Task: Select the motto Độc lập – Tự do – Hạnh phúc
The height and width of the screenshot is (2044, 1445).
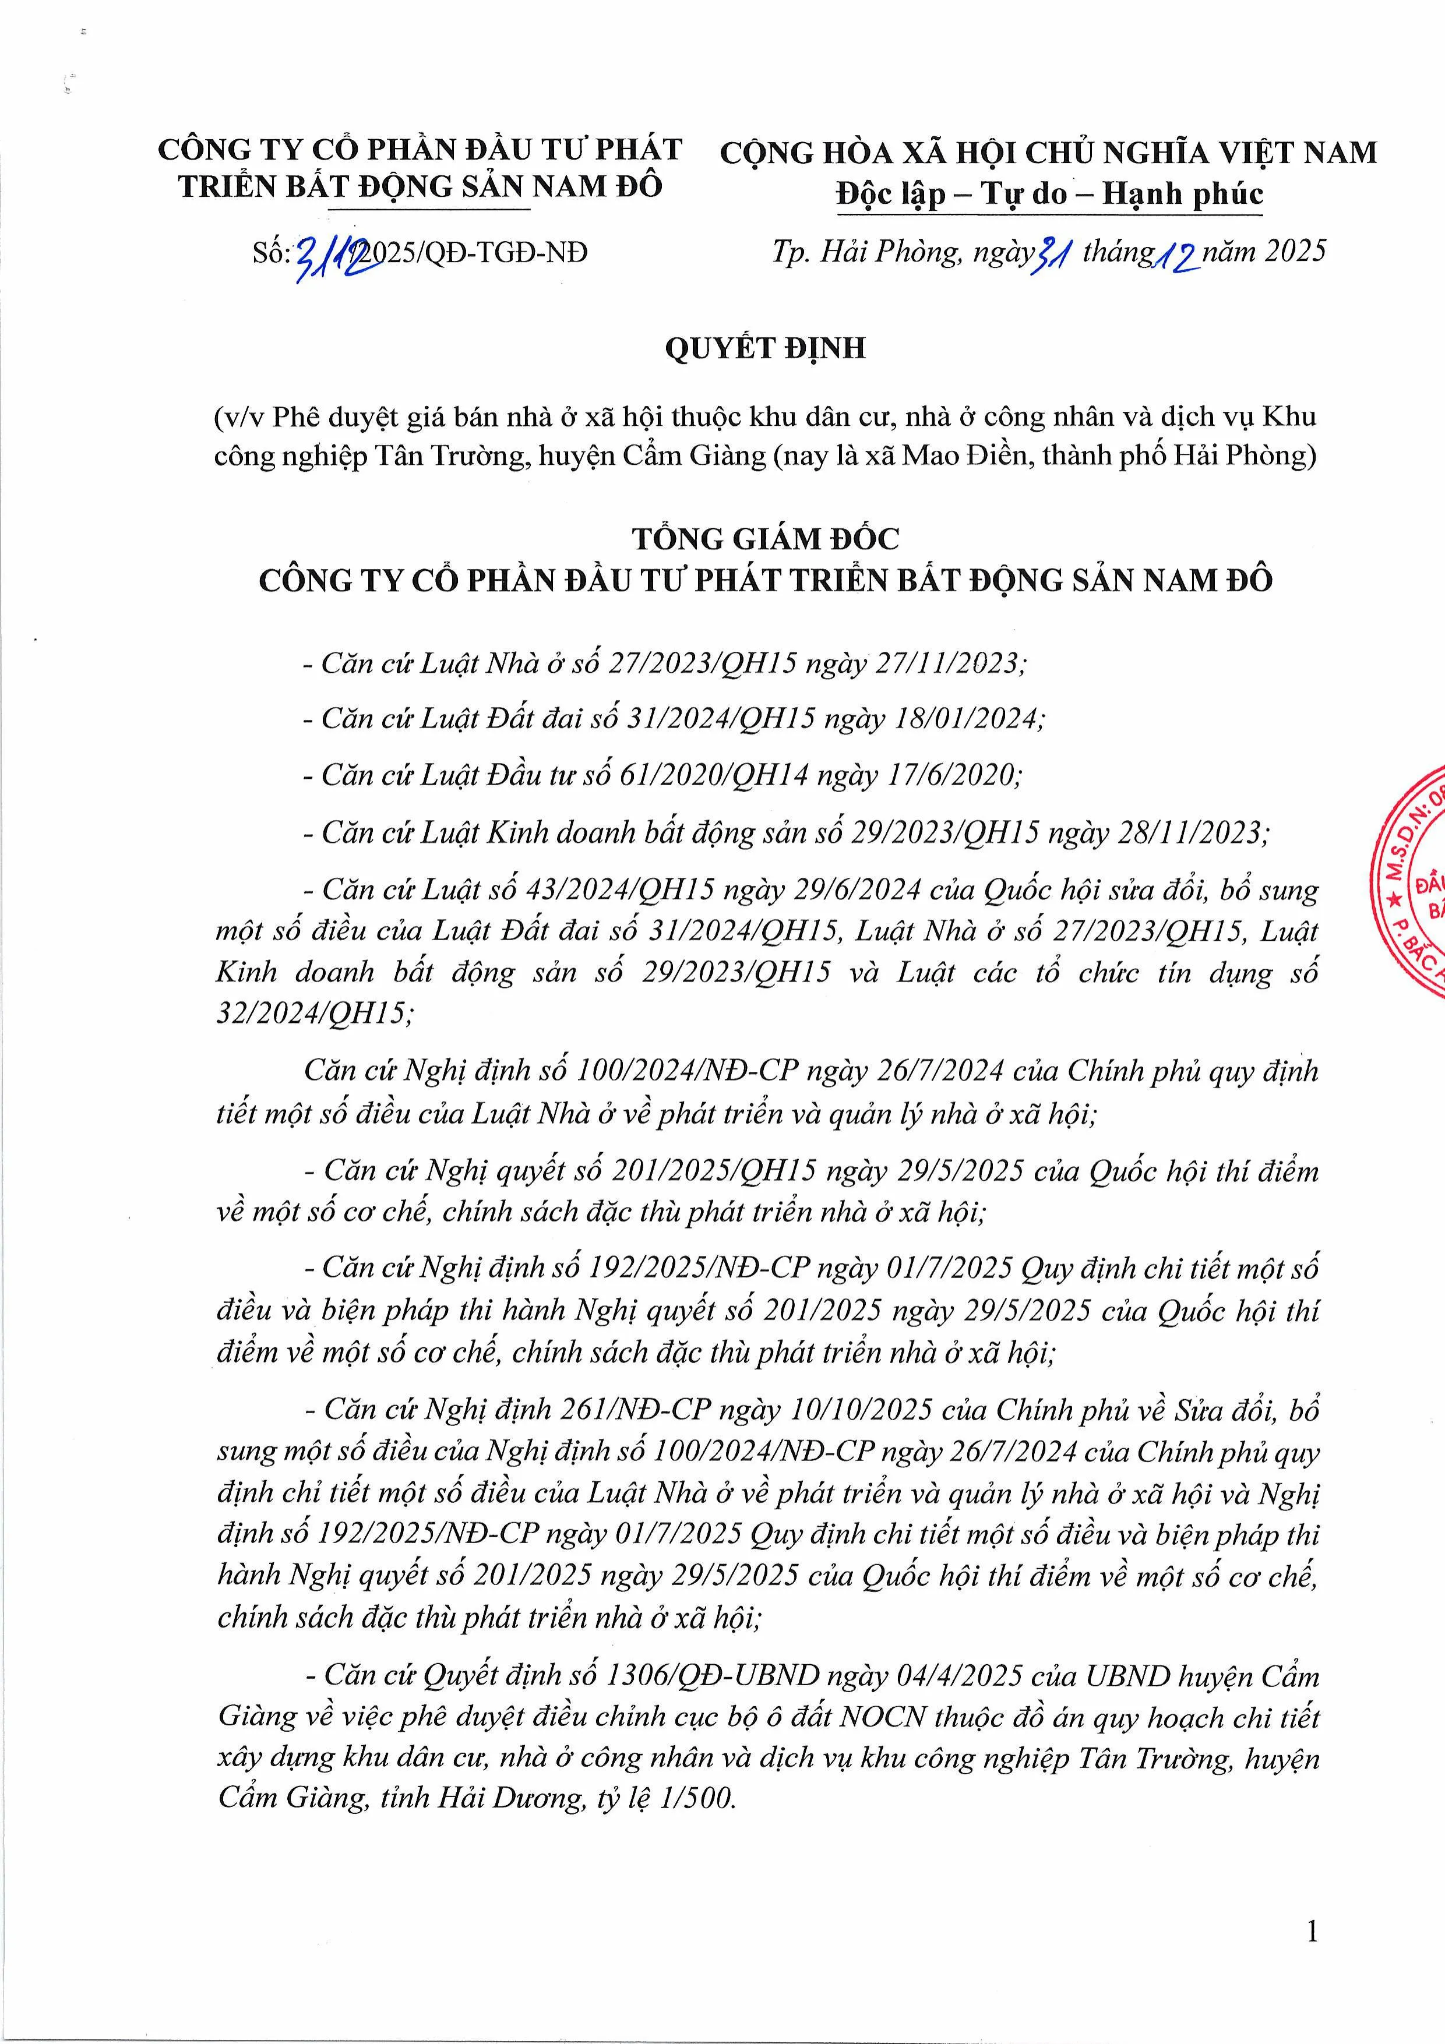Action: tap(1049, 193)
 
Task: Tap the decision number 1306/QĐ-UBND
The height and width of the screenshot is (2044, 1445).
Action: tap(710, 1676)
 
